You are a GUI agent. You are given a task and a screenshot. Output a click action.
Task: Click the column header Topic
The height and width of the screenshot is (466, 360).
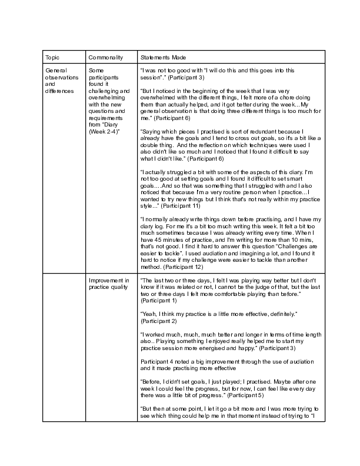click(x=52, y=57)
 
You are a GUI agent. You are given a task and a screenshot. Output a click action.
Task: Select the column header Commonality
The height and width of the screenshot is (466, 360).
click(x=105, y=57)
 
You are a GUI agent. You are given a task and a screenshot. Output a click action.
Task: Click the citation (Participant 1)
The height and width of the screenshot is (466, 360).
click(x=160, y=300)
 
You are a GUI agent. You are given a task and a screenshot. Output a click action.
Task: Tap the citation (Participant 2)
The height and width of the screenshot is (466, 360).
click(x=160, y=321)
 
